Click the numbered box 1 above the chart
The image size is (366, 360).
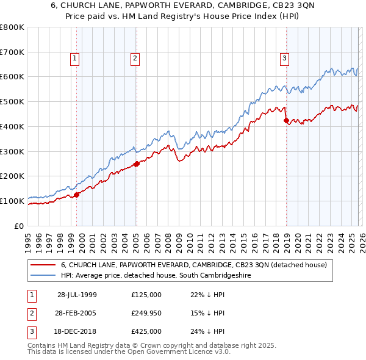(x=74, y=59)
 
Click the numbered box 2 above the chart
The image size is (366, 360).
(x=134, y=59)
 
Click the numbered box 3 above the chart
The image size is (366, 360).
(x=284, y=59)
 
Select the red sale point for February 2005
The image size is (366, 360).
(x=137, y=164)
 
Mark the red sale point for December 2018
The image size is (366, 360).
(x=286, y=120)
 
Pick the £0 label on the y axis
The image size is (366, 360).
(x=20, y=226)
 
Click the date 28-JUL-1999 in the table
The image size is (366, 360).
(x=77, y=295)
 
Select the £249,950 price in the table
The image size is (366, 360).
(x=146, y=313)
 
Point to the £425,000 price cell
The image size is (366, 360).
(x=146, y=331)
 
